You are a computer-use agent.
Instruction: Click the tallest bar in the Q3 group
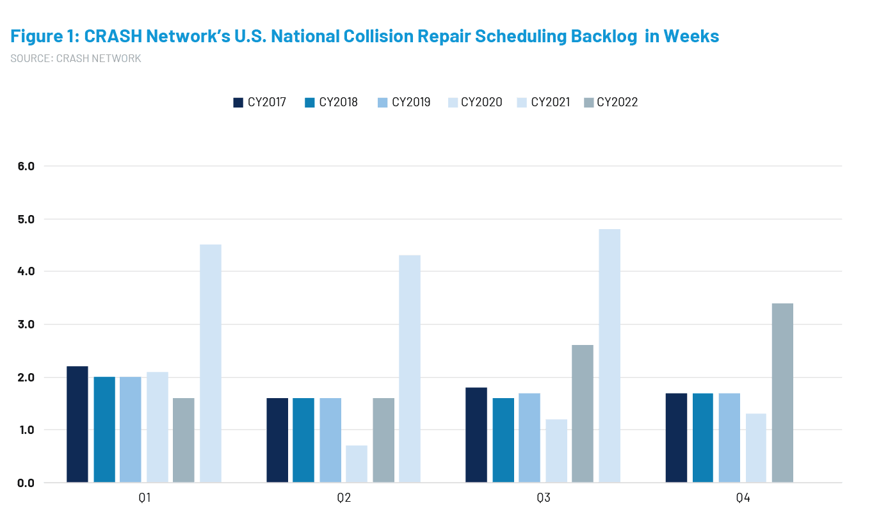coord(609,355)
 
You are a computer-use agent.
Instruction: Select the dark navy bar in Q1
coord(77,424)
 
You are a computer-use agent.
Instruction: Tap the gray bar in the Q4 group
coord(782,392)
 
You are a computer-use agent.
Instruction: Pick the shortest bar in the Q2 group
coord(357,463)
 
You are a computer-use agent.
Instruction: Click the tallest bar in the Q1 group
coord(210,363)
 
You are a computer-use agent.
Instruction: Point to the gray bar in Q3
coord(583,413)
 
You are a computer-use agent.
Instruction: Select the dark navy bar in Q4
coord(676,437)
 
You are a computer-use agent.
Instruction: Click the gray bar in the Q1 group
coord(184,440)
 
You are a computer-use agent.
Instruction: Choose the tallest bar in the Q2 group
coord(410,368)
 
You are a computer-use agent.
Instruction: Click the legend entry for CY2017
coord(260,102)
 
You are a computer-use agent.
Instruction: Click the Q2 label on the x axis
coord(344,497)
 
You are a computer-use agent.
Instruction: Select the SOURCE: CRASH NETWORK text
coord(76,58)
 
